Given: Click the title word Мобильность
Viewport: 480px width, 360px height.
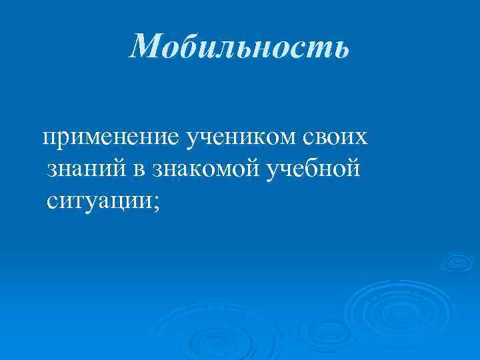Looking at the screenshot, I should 239,47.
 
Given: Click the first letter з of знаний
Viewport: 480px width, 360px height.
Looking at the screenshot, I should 53,169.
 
